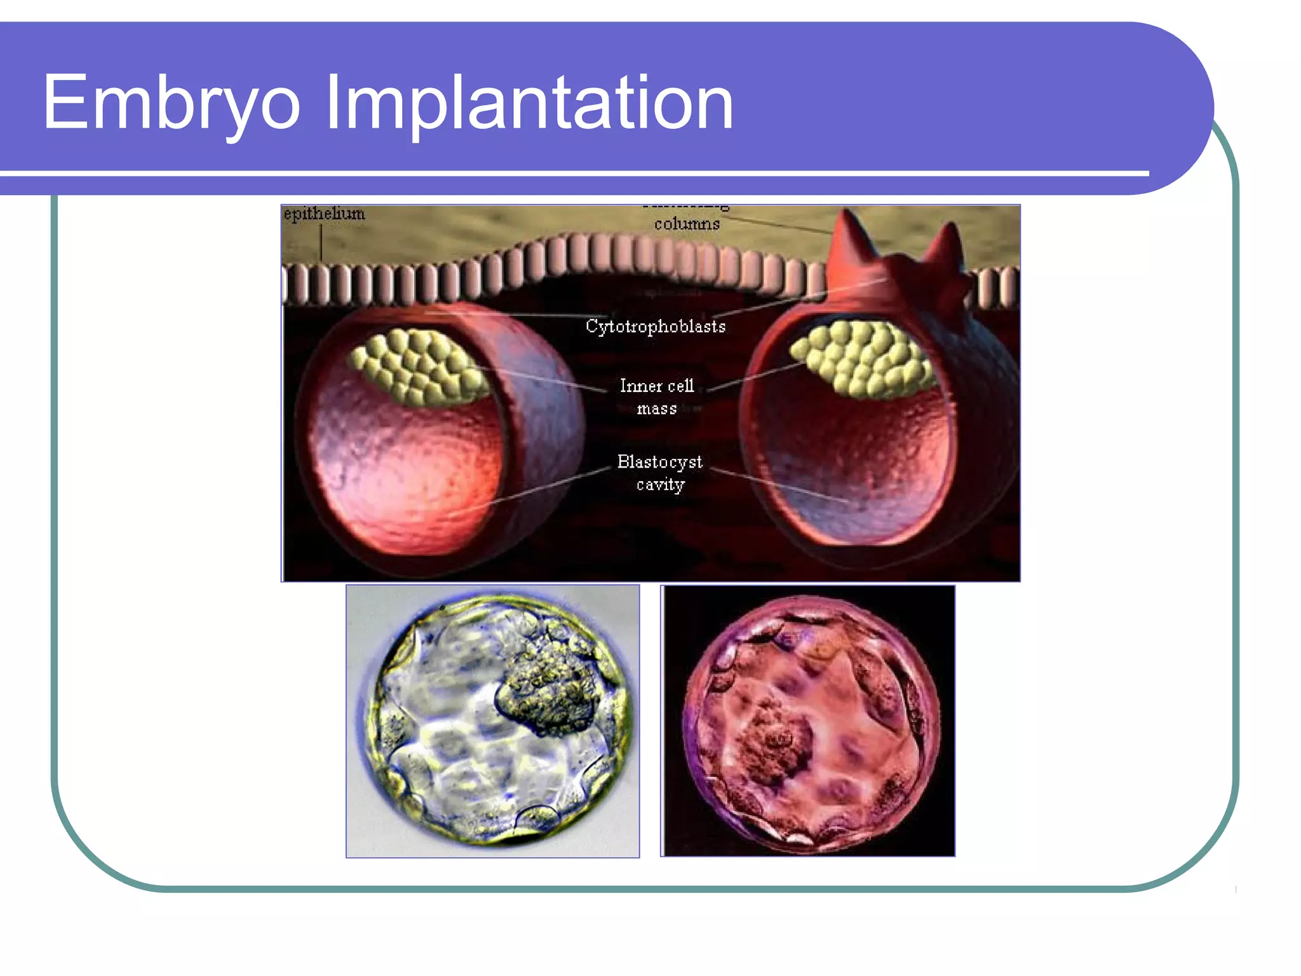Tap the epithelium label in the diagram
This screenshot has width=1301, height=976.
[x=325, y=213]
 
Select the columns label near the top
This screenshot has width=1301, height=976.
[x=687, y=224]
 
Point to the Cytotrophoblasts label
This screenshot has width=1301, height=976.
[x=655, y=326]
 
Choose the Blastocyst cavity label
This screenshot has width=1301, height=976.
[x=659, y=472]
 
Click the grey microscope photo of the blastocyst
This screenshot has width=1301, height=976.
[x=492, y=721]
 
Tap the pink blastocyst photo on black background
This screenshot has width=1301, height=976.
[x=807, y=721]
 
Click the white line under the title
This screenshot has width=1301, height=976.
[x=572, y=173]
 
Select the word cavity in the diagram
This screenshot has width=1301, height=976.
[x=661, y=484]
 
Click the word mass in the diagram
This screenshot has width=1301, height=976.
[x=657, y=409]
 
